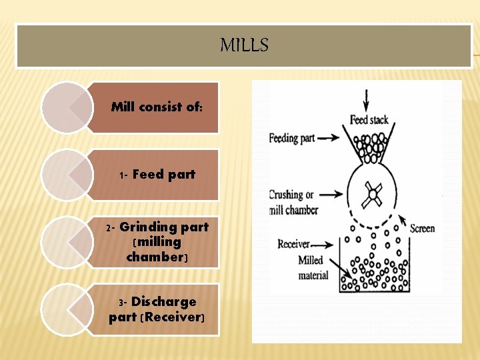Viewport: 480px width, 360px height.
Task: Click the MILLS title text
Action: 244,45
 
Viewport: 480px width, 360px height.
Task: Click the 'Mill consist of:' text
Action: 157,107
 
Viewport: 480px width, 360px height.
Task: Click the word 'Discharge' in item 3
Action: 163,302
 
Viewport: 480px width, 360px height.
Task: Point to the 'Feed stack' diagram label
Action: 369,121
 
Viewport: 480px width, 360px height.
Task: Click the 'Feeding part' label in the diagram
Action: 291,139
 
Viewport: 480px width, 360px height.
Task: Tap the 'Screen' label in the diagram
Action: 422,229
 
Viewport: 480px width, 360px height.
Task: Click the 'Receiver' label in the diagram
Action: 294,244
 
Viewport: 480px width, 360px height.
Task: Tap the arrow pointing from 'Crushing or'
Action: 331,195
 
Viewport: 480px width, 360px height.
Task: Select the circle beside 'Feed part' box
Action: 67,175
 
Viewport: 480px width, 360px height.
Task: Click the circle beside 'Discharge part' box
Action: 67,309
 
